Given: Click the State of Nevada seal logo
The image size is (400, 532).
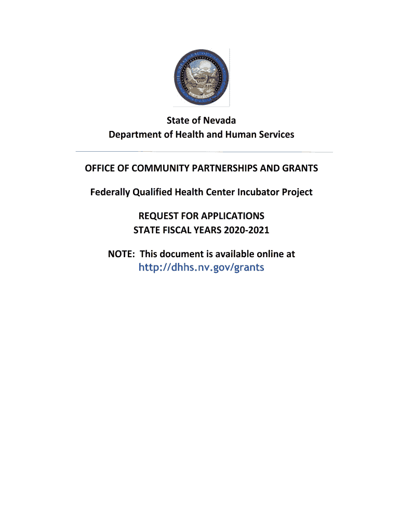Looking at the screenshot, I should (201, 78).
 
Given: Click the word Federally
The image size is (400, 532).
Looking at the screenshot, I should (110, 192).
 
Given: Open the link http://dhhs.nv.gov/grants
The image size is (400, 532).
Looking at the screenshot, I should (201, 268).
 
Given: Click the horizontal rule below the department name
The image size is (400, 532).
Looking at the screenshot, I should (204, 152).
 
